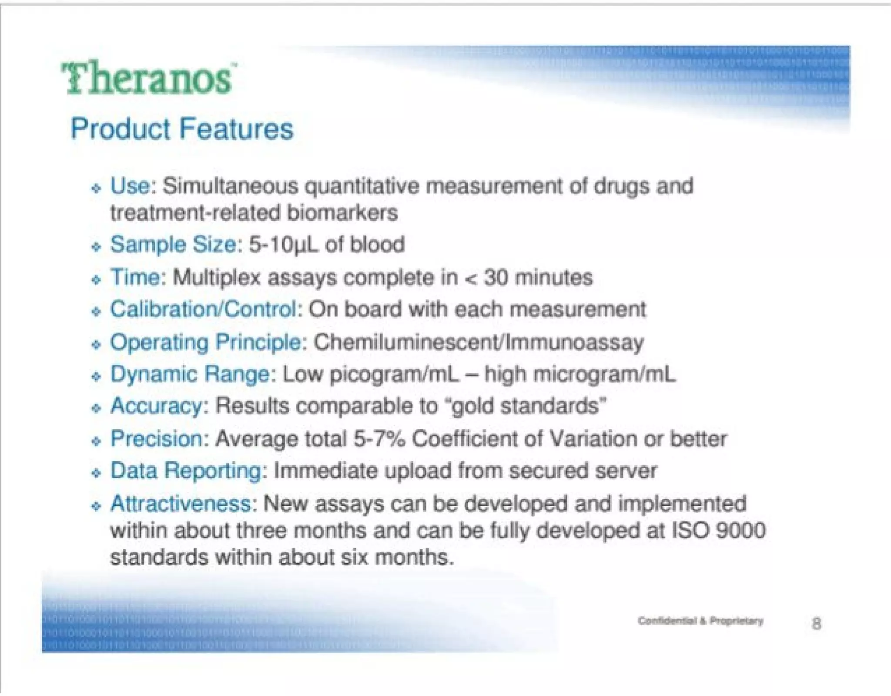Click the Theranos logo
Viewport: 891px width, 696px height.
point(148,78)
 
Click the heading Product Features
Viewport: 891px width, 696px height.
point(182,129)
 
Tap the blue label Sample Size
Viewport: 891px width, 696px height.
point(173,244)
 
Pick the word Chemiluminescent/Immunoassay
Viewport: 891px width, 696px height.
point(478,342)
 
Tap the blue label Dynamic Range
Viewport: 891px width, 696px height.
point(190,374)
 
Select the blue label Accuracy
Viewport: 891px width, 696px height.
point(156,407)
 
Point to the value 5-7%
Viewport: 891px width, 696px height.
point(379,439)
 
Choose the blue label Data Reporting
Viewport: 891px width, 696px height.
point(186,471)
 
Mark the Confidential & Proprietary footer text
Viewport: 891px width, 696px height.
point(700,621)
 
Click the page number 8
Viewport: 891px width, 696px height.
point(816,624)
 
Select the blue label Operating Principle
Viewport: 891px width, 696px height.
point(205,342)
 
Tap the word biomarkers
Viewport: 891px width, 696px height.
point(342,213)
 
